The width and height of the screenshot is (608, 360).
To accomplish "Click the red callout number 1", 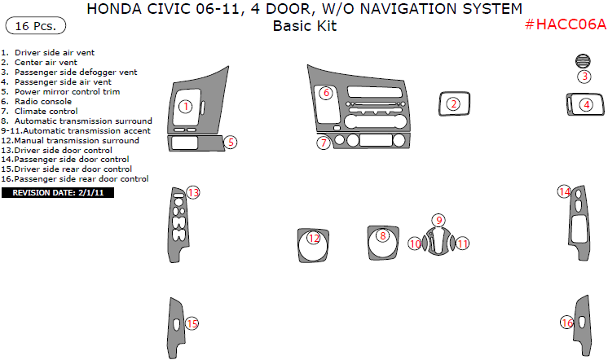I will pyautogui.click(x=185, y=106).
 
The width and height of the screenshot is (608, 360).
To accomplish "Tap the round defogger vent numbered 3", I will pyautogui.click(x=583, y=62).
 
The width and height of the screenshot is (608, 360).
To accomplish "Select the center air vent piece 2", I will pyautogui.click(x=453, y=103).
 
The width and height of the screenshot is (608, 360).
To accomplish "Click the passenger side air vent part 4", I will pyautogui.click(x=585, y=104).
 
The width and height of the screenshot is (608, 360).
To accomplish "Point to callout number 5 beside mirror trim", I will pyautogui.click(x=231, y=142).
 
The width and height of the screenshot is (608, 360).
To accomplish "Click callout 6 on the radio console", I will pyautogui.click(x=325, y=93).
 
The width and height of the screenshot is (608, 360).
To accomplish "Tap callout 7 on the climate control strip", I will pyautogui.click(x=324, y=143).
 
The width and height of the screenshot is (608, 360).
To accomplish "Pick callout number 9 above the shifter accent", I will pyautogui.click(x=438, y=220).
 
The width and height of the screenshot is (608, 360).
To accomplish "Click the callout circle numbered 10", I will pyautogui.click(x=415, y=244).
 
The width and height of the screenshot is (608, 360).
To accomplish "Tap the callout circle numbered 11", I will pyautogui.click(x=462, y=244).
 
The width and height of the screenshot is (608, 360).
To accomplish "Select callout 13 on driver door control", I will pyautogui.click(x=193, y=193).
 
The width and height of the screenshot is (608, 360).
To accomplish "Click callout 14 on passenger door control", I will pyautogui.click(x=564, y=192).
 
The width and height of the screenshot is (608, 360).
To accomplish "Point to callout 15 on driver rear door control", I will pyautogui.click(x=192, y=323).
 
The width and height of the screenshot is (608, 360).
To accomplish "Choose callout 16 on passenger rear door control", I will pyautogui.click(x=566, y=323).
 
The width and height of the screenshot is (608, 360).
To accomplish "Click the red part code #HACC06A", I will pyautogui.click(x=565, y=24).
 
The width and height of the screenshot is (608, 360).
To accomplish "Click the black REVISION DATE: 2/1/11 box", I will pyautogui.click(x=58, y=193).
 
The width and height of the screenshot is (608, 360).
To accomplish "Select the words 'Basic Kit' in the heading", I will pyautogui.click(x=304, y=25).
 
